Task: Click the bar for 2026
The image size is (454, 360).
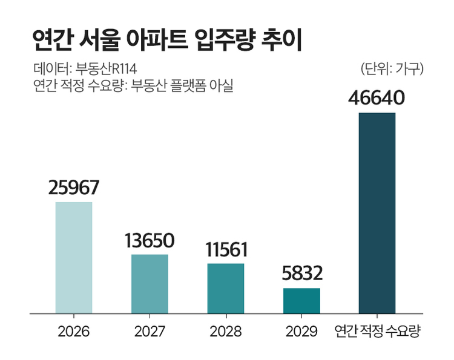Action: tap(74, 258)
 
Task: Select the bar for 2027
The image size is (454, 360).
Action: tap(150, 284)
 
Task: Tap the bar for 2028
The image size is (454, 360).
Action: tap(225, 289)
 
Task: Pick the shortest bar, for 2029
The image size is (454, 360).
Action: tap(301, 301)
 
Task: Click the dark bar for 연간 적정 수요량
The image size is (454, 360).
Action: tap(377, 213)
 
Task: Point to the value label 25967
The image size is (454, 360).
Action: tap(74, 188)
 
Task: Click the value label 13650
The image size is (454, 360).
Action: tap(150, 240)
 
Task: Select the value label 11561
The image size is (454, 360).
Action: tap(225, 249)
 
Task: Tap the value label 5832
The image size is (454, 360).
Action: tap(301, 274)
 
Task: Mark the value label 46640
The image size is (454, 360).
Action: tap(377, 98)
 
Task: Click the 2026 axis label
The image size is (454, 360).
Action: tap(74, 332)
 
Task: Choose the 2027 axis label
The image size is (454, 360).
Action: tap(150, 332)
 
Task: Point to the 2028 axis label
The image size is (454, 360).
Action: tap(225, 332)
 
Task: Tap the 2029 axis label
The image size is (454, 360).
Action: tap(301, 332)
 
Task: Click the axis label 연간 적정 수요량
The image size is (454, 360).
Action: tap(377, 332)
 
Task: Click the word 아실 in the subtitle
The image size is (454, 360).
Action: tap(222, 85)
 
